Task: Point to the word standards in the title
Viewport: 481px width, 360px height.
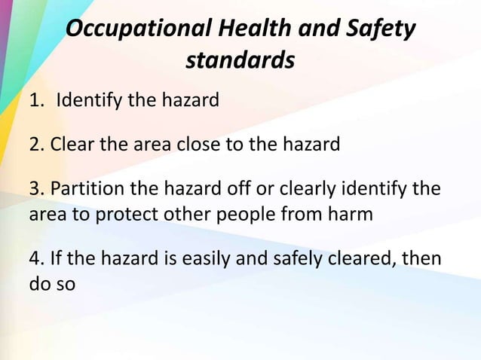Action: tap(240, 61)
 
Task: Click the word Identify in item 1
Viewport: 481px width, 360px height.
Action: tap(84, 100)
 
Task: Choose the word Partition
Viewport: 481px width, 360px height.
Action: tap(84, 188)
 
